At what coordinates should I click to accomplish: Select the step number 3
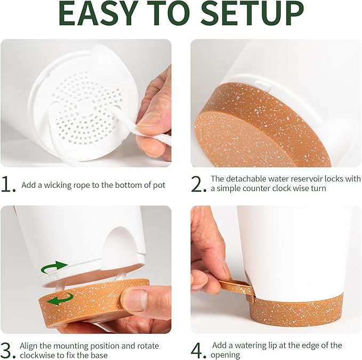click(x=8, y=350)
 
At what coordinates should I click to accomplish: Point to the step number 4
click(x=198, y=350)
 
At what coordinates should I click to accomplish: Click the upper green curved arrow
click(x=54, y=266)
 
